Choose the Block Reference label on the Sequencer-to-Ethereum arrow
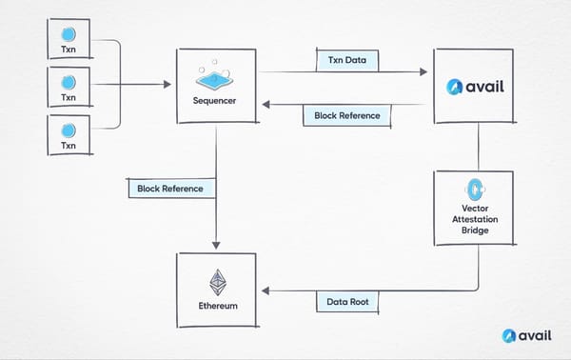pyautogui.click(x=170, y=189)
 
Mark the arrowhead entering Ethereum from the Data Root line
pyautogui.click(x=266, y=290)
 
